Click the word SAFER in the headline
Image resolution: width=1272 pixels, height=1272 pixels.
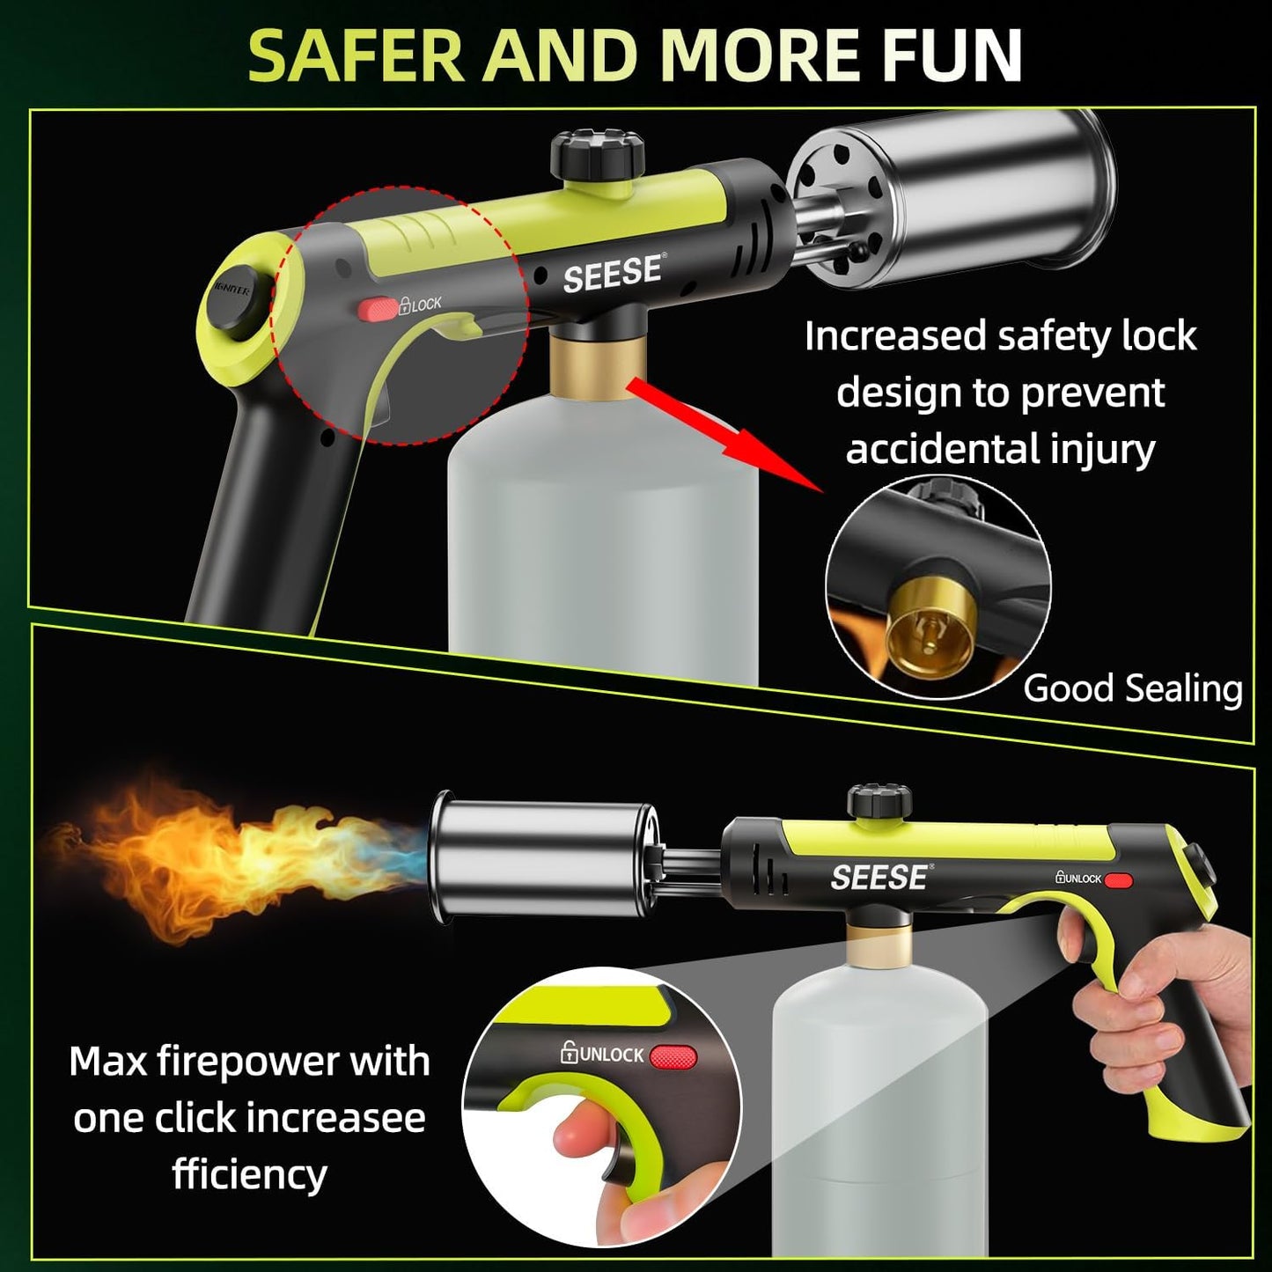tap(355, 56)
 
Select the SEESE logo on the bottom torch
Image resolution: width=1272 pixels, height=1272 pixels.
tap(879, 877)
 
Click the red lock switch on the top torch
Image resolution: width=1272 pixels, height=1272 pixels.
tap(378, 307)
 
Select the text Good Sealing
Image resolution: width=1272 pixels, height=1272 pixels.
tap(1132, 688)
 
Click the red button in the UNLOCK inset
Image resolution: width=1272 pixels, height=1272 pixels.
tap(673, 1056)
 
